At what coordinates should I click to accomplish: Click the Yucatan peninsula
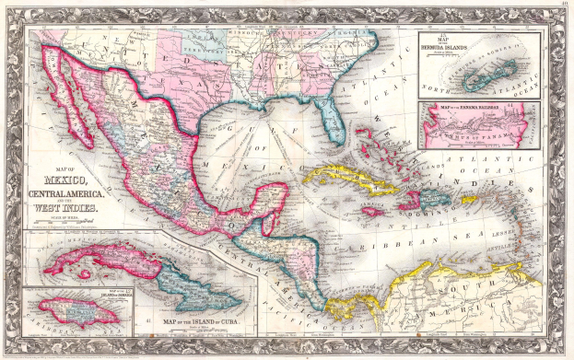tap(276, 197)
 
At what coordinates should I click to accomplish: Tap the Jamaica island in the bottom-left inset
tap(77, 312)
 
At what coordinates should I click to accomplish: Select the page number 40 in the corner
tap(562, 6)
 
